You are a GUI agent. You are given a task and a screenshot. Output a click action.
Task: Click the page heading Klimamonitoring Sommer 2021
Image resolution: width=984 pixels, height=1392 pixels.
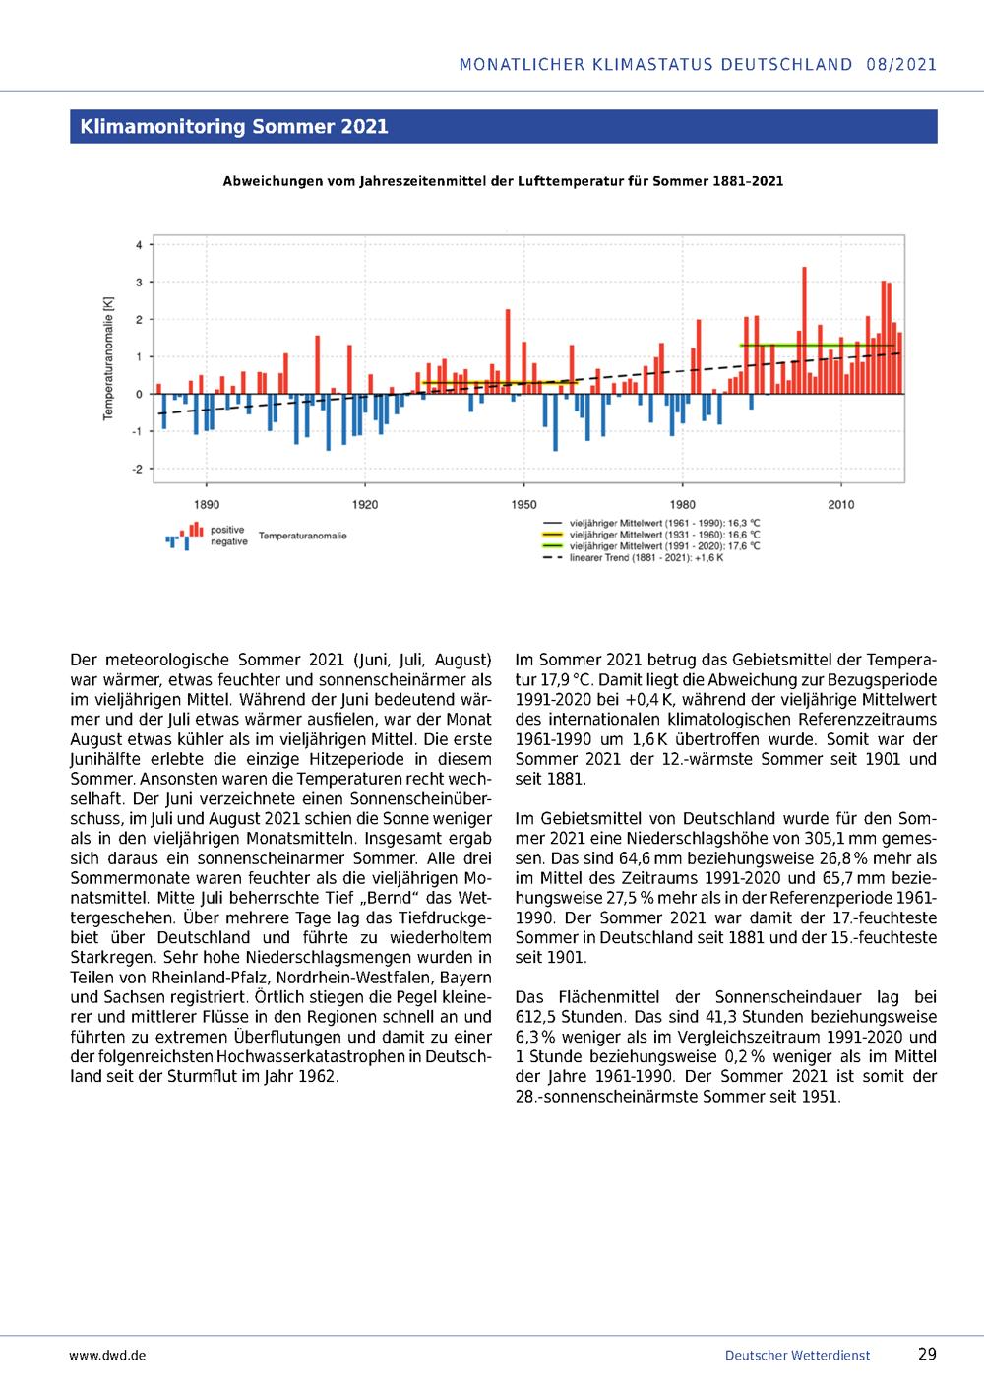point(234,126)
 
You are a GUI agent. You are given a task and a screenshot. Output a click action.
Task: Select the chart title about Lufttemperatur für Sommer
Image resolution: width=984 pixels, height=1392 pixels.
point(503,181)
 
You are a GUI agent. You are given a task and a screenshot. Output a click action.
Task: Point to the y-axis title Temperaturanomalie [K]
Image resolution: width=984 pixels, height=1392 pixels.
point(108,357)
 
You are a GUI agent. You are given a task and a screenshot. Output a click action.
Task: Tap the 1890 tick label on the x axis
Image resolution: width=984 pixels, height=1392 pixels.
point(206,505)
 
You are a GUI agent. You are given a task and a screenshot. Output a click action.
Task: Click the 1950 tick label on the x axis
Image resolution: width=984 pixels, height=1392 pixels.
point(523,505)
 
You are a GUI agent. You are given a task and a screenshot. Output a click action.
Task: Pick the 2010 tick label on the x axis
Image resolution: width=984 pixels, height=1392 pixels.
point(840,505)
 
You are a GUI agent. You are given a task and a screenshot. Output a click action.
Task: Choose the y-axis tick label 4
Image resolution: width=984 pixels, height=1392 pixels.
point(139,245)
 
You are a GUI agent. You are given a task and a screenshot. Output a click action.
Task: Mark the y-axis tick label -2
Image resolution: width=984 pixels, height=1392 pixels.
point(138,470)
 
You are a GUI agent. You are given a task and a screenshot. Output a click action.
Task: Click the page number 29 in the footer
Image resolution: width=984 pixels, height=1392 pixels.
point(927,1354)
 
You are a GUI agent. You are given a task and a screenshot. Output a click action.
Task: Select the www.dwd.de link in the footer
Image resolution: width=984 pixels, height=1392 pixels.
point(107,1355)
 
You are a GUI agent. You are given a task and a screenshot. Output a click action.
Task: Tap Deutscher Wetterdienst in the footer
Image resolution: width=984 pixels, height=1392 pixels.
point(797,1355)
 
